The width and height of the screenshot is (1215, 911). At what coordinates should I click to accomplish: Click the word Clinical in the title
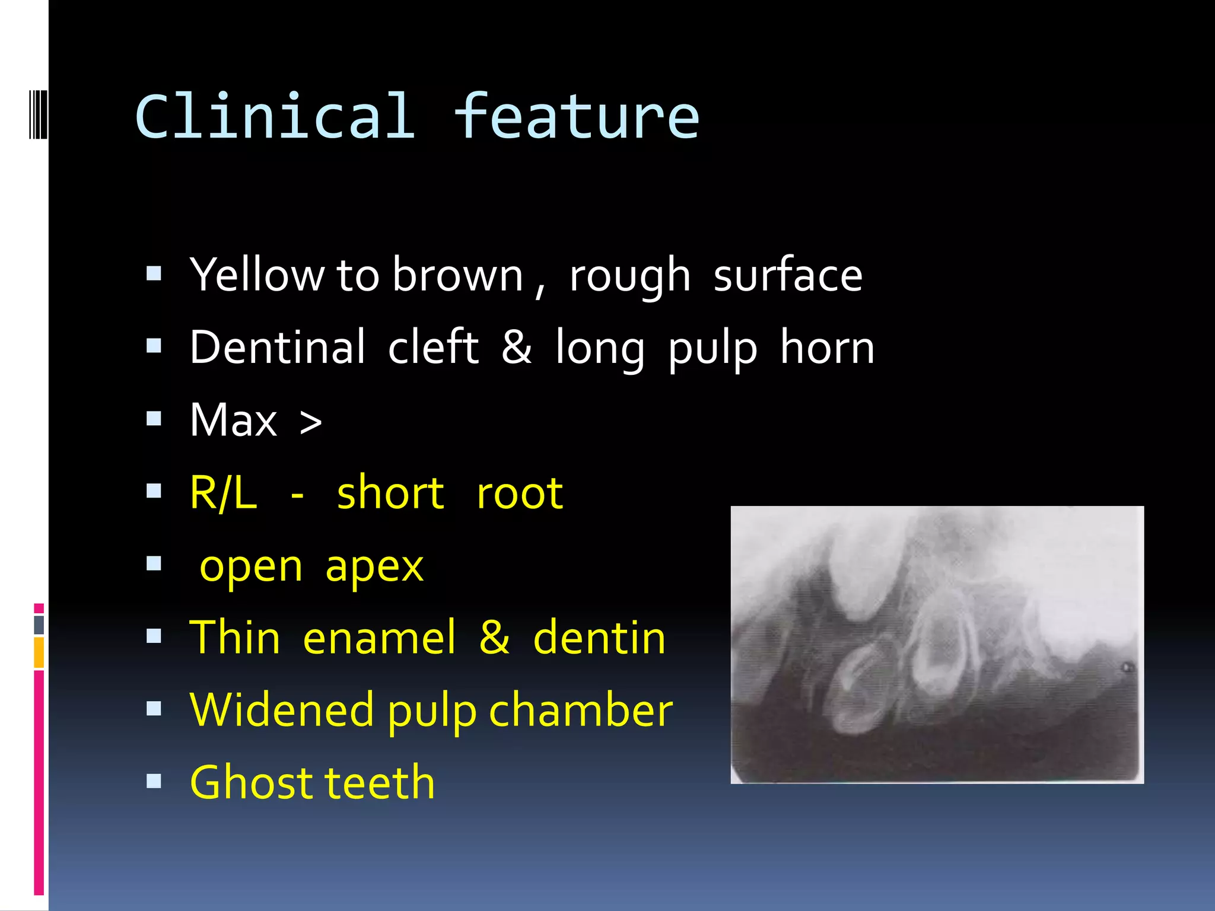click(x=275, y=117)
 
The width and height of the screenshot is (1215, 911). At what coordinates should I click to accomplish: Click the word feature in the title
click(x=577, y=117)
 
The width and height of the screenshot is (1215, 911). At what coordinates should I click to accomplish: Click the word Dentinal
click(x=278, y=348)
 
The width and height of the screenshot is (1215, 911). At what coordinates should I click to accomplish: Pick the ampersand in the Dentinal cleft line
click(x=516, y=348)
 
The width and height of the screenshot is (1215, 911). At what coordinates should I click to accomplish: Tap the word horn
click(x=827, y=348)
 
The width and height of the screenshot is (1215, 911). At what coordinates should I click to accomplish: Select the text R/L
click(x=223, y=493)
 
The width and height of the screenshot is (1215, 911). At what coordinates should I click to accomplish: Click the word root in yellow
click(x=520, y=494)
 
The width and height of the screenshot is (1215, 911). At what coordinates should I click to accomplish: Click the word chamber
click(x=581, y=710)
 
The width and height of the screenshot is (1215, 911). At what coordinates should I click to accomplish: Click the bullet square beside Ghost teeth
click(x=154, y=781)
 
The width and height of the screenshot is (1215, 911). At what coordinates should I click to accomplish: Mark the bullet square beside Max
click(x=154, y=419)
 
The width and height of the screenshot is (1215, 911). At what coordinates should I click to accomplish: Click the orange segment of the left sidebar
click(x=39, y=652)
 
